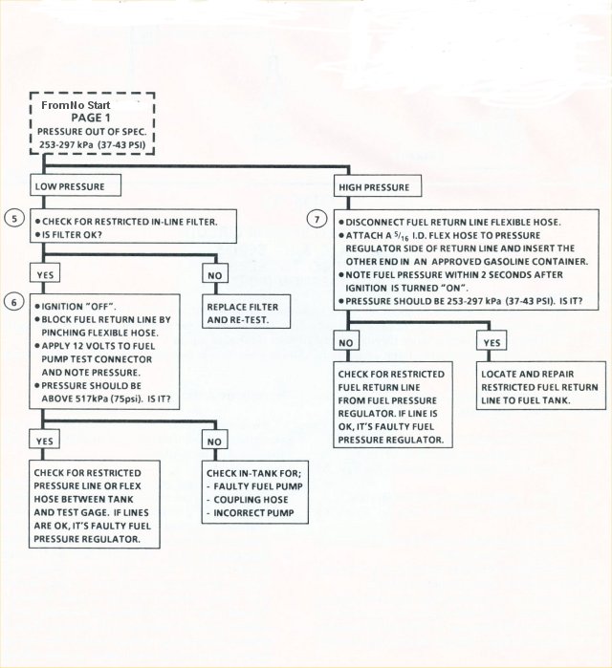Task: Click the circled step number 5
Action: tap(12, 218)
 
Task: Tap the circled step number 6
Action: tap(12, 300)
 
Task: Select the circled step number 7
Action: tap(317, 219)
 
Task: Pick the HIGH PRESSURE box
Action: tap(375, 186)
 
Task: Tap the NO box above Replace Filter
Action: tap(214, 274)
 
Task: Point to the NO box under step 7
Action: tap(347, 341)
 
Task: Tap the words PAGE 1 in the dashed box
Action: tap(90, 116)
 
